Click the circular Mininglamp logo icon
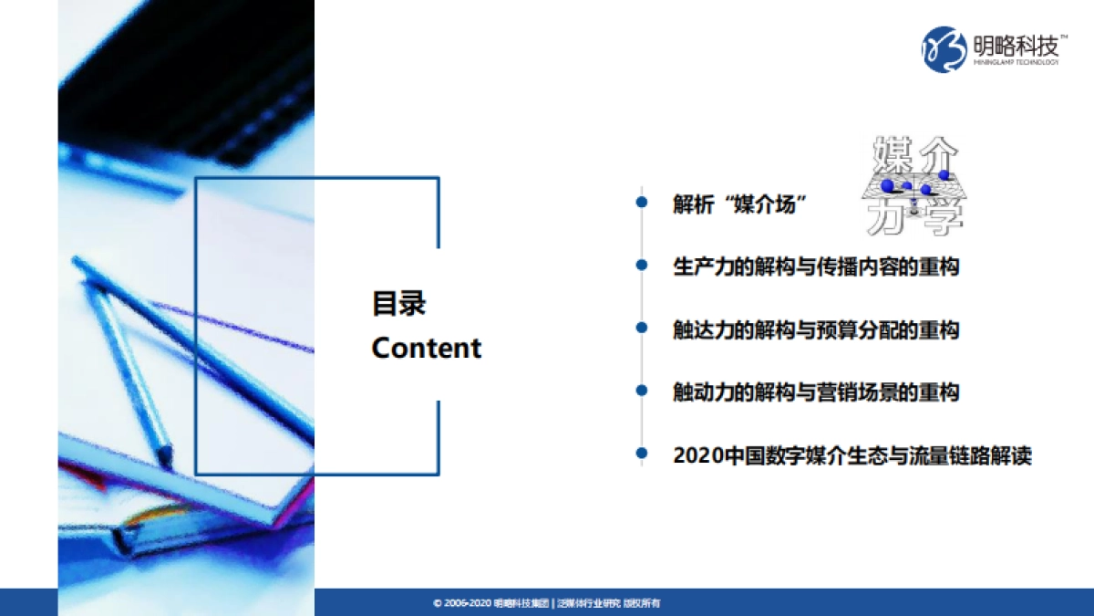(x=944, y=49)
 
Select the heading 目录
(x=398, y=304)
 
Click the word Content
(x=427, y=348)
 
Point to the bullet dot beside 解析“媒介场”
(x=643, y=203)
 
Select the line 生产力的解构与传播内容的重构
(x=816, y=266)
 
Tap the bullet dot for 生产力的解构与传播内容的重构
(x=643, y=266)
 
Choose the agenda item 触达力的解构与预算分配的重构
(x=816, y=329)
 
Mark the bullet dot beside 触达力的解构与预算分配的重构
(x=643, y=329)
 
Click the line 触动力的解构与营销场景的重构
(x=816, y=392)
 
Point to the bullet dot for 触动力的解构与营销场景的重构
(x=643, y=391)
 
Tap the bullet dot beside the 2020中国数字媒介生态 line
(x=643, y=454)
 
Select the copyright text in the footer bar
(x=546, y=603)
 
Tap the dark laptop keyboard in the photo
(x=210, y=82)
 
